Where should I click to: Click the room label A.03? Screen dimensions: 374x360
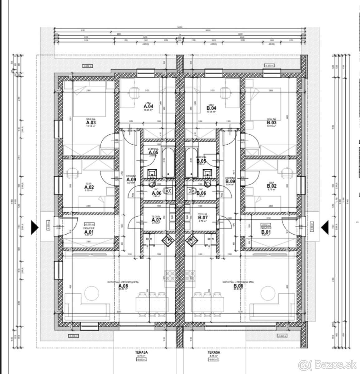(90, 123)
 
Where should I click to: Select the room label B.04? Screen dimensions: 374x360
(211, 108)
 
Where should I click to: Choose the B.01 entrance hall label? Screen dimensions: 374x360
(265, 232)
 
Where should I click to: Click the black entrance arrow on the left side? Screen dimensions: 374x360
(34, 227)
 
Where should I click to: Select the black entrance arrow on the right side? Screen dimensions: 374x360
(325, 227)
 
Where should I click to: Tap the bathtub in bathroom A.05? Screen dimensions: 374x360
(168, 163)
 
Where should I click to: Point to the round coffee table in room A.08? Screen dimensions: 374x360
(90, 293)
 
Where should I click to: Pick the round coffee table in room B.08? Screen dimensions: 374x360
(267, 293)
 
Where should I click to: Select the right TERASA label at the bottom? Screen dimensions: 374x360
(214, 352)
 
